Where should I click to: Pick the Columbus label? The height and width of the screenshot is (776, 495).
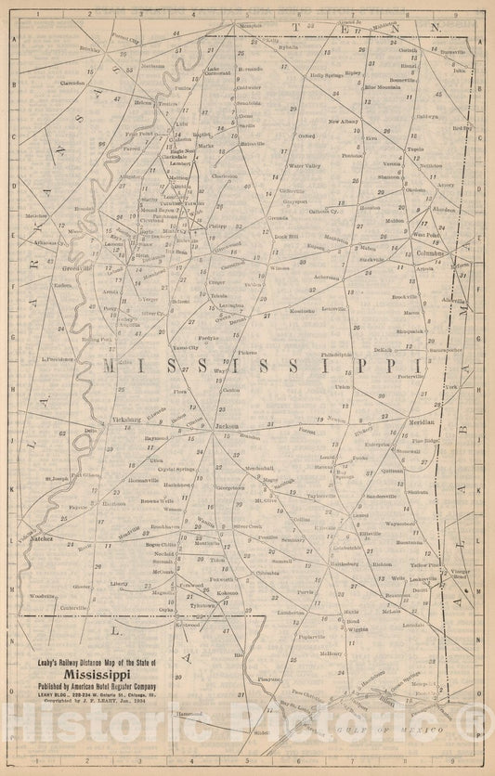coord(430,252)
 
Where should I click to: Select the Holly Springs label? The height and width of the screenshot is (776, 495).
coord(327,75)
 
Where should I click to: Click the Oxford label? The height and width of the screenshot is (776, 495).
coord(307,136)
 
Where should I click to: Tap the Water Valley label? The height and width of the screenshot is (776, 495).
coord(305,166)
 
